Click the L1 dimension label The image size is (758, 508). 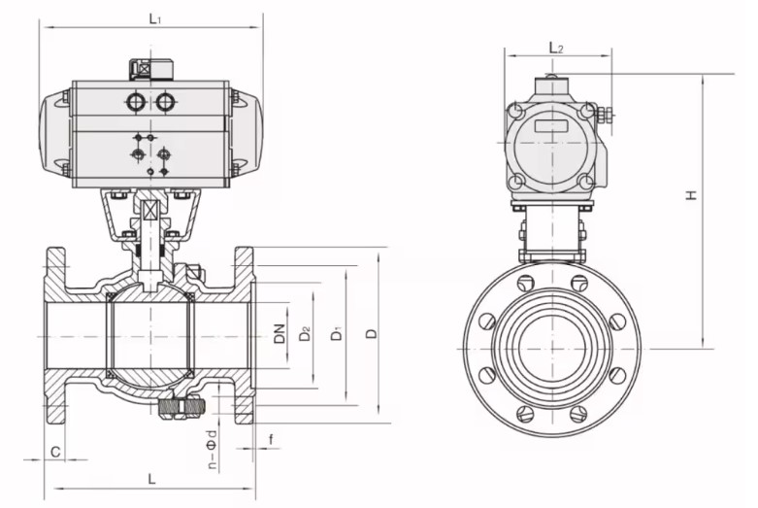click(x=154, y=17)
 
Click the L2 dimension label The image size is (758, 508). click(x=555, y=47)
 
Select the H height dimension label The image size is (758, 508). click(x=691, y=195)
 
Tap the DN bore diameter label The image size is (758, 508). click(x=279, y=333)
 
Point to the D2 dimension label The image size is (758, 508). click(x=304, y=333)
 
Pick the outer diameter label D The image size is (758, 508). click(x=372, y=333)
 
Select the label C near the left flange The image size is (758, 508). click(x=56, y=452)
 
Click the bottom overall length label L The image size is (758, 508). click(x=151, y=478)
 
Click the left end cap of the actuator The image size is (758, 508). click(x=53, y=136)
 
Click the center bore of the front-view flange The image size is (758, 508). click(x=552, y=348)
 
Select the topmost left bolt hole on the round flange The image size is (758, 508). click(x=525, y=283)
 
